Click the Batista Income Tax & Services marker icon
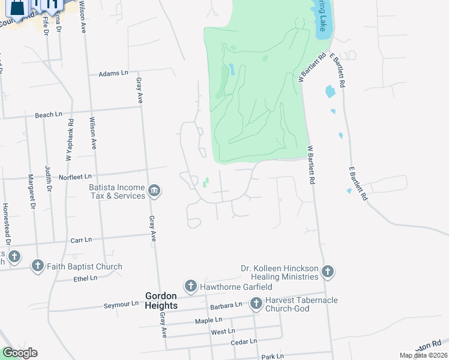(x=154, y=191)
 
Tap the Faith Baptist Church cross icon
(x=37, y=266)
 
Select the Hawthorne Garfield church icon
(x=190, y=286)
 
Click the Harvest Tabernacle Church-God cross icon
(x=256, y=304)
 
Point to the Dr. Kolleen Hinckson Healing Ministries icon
(x=328, y=272)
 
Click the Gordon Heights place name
(x=161, y=301)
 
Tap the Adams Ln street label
(x=113, y=73)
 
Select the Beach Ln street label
(x=49, y=115)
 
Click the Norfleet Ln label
(x=75, y=176)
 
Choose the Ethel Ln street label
(x=85, y=278)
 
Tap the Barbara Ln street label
(x=226, y=305)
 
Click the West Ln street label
(x=223, y=331)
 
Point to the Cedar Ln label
(x=244, y=341)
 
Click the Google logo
(x=20, y=353)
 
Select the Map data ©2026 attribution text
(x=424, y=355)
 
